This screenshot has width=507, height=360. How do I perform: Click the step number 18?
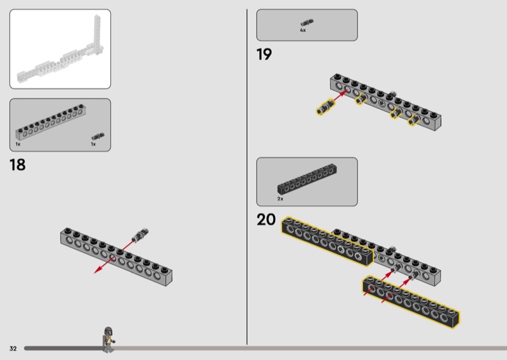18,165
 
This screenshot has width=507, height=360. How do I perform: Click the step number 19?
264,54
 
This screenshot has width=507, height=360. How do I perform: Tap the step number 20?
266,219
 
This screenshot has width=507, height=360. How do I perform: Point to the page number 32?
13,349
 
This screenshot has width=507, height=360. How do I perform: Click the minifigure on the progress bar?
108,340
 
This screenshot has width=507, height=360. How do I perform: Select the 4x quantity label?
303,30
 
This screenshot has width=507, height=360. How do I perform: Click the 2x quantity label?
280,198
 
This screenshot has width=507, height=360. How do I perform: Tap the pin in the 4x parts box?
307,22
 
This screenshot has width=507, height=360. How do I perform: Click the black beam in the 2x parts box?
307,179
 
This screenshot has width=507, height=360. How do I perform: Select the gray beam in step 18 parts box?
51,122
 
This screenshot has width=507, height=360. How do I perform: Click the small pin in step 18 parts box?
98,136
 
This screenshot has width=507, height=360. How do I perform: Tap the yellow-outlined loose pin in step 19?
325,107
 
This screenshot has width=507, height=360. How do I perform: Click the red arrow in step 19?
340,96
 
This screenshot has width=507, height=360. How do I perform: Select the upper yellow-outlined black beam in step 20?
327,241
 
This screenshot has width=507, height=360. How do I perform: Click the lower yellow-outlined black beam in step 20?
411,302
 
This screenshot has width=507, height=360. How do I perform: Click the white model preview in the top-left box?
60,53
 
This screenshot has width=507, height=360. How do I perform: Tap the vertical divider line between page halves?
247,177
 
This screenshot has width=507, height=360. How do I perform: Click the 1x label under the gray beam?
18,145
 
